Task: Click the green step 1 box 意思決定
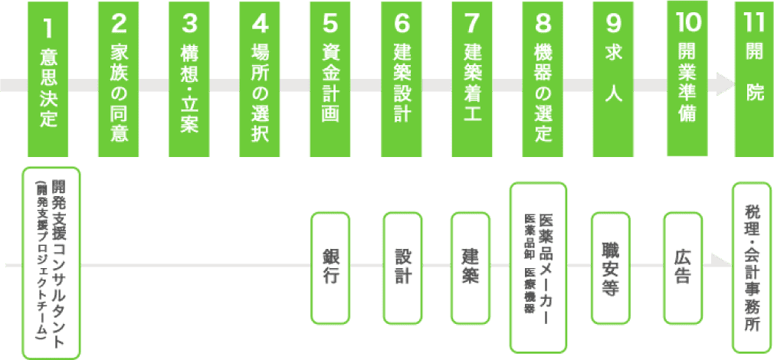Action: point(48,78)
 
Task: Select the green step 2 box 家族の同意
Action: point(119,78)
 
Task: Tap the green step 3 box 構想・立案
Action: point(189,78)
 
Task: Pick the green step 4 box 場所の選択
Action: point(260,78)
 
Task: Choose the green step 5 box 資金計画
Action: point(330,78)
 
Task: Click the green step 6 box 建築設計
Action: point(402,78)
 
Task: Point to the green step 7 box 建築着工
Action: point(472,78)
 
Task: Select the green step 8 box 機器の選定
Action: point(543,78)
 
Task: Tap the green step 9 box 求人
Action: point(613,78)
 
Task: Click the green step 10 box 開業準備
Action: point(686,78)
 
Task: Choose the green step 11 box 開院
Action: point(754,78)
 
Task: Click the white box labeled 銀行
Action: point(330,267)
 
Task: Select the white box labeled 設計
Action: point(402,267)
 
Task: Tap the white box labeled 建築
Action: point(471,267)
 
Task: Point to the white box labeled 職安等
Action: point(611,267)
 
